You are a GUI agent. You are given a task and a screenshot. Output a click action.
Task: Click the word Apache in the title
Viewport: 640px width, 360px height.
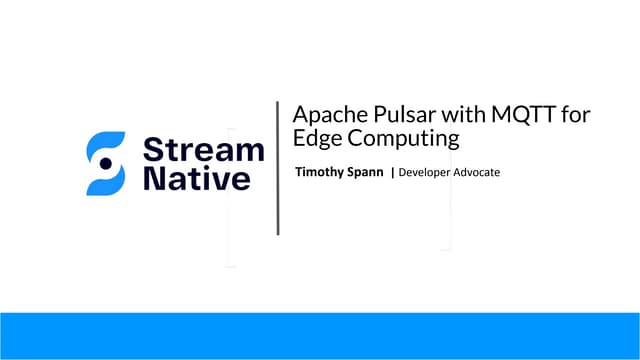(x=317, y=116)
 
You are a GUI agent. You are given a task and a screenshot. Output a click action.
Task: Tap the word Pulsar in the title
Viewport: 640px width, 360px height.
(x=381, y=116)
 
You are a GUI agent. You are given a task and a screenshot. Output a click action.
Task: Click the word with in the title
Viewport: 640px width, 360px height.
(x=440, y=116)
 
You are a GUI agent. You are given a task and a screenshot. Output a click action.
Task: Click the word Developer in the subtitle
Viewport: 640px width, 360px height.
(x=429, y=173)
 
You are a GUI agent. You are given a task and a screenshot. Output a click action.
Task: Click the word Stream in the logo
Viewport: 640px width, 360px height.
(x=204, y=151)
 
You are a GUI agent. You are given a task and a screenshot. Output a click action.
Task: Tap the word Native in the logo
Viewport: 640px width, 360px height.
(x=196, y=181)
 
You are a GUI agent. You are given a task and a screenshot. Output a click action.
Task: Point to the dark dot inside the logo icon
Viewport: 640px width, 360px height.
(x=105, y=163)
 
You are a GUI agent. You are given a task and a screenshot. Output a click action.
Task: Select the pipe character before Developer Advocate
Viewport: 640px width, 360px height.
(x=393, y=173)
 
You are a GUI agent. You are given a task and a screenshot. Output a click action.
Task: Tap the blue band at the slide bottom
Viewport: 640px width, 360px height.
(x=320, y=335)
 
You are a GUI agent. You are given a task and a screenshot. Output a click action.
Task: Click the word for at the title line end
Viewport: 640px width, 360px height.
(x=576, y=116)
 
